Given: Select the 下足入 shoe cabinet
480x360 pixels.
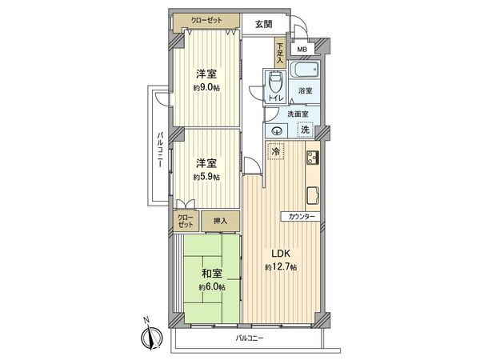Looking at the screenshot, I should point(280,53).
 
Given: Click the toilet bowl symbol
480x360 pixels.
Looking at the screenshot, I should point(276,82).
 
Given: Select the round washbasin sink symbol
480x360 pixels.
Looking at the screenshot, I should point(276,130).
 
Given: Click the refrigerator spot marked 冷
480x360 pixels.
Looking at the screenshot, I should point(276,150).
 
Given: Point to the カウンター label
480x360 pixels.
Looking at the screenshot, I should point(298,217).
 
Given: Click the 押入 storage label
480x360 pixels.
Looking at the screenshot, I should point(219,221).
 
